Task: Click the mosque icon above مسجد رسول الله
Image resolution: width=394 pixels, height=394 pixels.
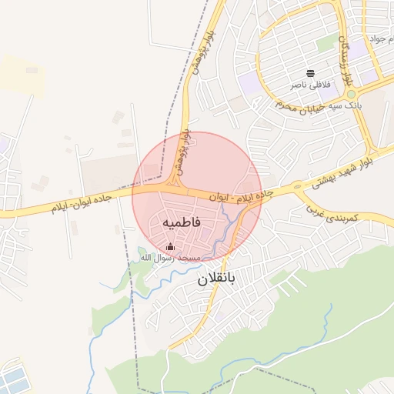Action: point(170,246)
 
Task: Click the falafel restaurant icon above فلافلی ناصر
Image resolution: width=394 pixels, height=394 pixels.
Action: point(310,73)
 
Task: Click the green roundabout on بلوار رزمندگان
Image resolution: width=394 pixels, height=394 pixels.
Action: point(351,94)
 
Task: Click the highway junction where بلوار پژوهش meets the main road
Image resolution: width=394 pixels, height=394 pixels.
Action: point(176,187)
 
